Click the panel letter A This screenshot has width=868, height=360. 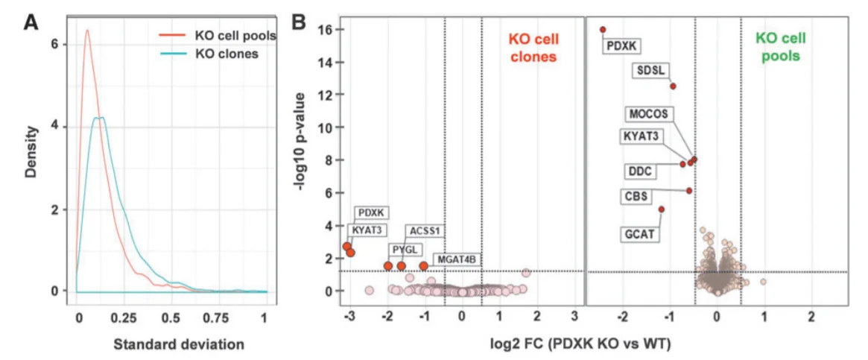click(x=31, y=22)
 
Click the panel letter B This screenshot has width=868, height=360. click(x=299, y=22)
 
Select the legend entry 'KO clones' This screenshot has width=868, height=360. click(x=226, y=54)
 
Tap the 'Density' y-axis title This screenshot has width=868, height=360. click(x=31, y=160)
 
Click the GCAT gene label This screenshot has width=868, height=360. click(x=640, y=234)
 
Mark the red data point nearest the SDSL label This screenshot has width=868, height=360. click(x=673, y=86)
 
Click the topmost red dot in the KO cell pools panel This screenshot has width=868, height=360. click(x=603, y=30)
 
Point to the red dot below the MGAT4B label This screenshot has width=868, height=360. click(x=424, y=266)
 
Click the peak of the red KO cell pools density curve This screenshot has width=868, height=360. click(x=87, y=31)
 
